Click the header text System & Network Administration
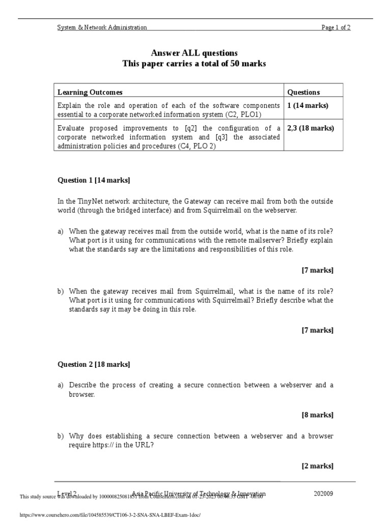point(102,27)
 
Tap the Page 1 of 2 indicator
point(336,27)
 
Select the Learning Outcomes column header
point(90,92)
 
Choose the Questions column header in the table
point(303,92)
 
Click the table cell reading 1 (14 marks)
point(308,105)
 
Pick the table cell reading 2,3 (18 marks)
point(311,128)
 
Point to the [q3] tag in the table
point(224,137)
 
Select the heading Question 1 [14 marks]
point(93,180)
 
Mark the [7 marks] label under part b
point(318,330)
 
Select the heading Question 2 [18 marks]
point(93,364)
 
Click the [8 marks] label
point(318,415)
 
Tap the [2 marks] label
point(318,466)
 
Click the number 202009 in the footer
point(324,494)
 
